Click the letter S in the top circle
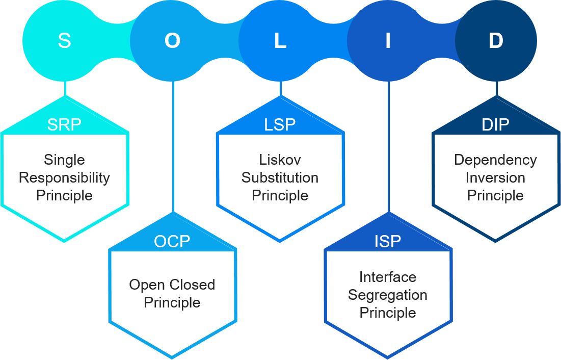pos(64,41)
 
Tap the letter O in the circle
pos(172,41)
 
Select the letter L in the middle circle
pos(280,41)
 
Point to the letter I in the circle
pos(388,41)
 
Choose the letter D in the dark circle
pos(496,41)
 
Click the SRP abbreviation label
pos(64,125)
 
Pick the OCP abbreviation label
pos(172,241)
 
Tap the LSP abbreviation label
pos(280,125)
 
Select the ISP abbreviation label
pos(388,241)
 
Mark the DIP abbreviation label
pos(495,125)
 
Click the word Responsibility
pos(64,178)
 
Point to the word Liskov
pos(280,160)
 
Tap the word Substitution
pos(280,178)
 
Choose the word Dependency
pos(495,160)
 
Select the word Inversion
pos(495,178)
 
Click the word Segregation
pos(388,295)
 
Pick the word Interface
pos(388,277)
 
